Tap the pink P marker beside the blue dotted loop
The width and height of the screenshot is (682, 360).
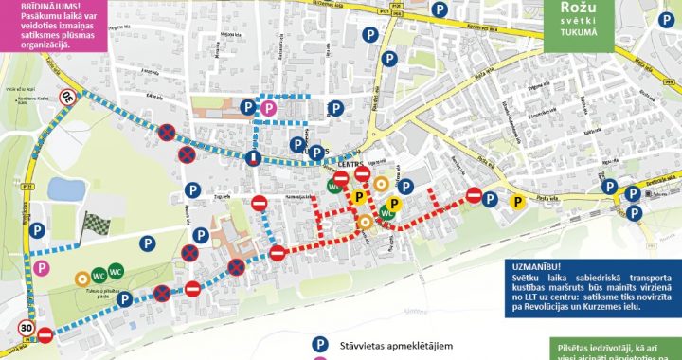[x=269, y=110]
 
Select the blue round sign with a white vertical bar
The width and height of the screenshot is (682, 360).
[x=255, y=156]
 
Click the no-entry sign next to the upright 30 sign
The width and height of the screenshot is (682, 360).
[x=44, y=334]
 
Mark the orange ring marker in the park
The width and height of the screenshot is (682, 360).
[x=83, y=278]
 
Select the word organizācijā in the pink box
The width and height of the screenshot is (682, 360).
[x=35, y=45]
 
